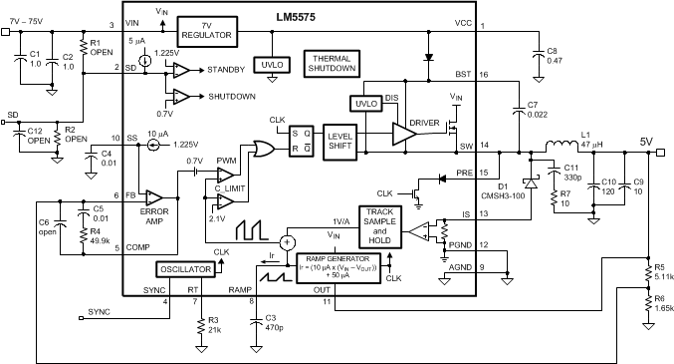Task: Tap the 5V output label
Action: click(646, 141)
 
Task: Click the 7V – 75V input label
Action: click(30, 21)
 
